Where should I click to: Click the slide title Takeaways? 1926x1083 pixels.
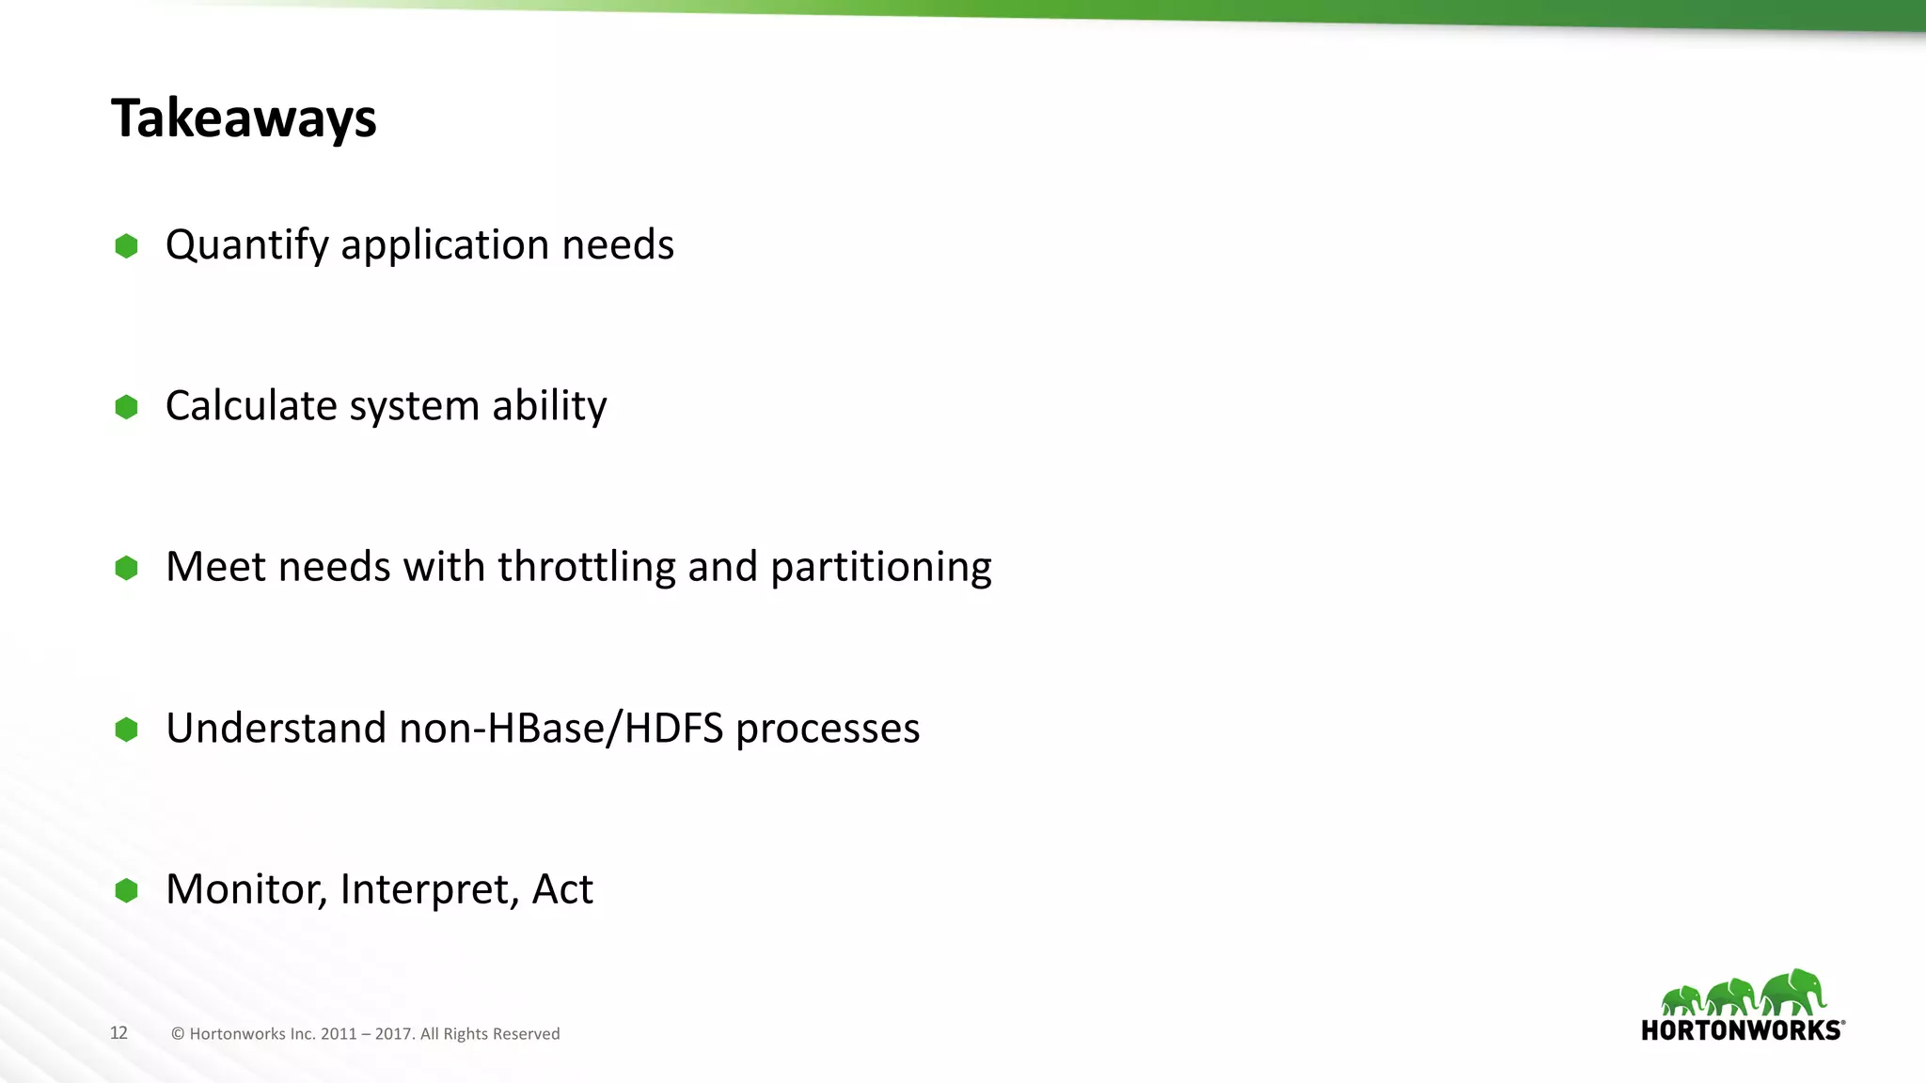tap(244, 118)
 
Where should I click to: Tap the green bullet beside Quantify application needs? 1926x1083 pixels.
tap(126, 246)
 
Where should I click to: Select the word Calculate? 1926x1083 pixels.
tap(251, 405)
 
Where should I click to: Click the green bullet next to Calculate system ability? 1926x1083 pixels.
tap(126, 407)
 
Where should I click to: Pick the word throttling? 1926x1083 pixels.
tap(586, 566)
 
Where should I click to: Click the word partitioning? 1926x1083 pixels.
tap(881, 567)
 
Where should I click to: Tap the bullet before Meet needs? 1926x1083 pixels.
tap(126, 568)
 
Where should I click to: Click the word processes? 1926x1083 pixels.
tap(828, 729)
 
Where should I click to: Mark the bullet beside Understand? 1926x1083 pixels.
tap(126, 730)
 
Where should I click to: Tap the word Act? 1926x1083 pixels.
tap(562, 888)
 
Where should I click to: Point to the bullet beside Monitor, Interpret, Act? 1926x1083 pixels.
tap(126, 890)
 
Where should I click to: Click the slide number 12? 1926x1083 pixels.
tap(118, 1032)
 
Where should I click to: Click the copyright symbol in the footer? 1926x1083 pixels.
tap(178, 1033)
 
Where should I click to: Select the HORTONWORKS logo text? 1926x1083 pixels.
tap(1742, 1030)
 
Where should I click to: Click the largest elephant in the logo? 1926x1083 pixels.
tap(1793, 992)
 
